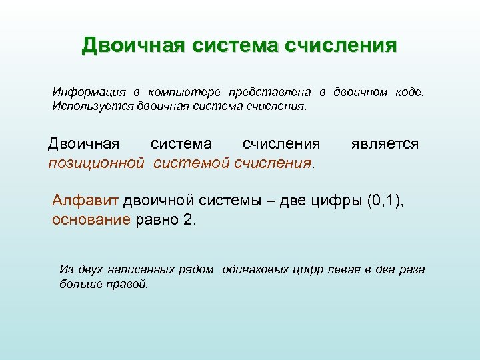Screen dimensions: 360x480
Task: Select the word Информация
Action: [87, 91]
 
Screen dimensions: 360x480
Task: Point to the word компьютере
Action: [184, 91]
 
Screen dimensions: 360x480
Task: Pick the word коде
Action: [408, 91]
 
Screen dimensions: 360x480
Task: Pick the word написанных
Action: [143, 270]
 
